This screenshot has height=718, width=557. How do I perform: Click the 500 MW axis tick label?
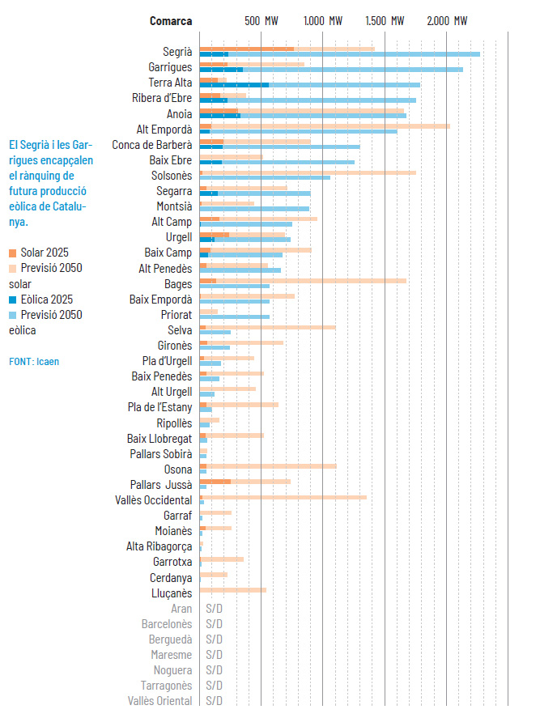coord(261,20)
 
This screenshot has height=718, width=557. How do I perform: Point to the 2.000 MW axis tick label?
coord(448,20)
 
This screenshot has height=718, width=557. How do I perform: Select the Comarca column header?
coord(171,20)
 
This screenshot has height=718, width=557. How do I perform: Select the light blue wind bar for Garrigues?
coord(356,70)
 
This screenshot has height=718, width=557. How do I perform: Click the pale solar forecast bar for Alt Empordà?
coord(340,126)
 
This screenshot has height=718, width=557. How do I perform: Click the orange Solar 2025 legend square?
coord(13,253)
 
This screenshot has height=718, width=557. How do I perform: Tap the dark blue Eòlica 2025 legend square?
coord(13,299)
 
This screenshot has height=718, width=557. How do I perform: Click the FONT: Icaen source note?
coord(34,361)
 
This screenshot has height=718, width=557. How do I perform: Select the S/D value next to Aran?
coord(214,609)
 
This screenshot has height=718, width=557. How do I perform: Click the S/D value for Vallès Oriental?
coord(214,701)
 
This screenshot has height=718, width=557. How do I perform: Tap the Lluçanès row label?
coord(172,593)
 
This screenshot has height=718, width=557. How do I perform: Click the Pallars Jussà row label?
coord(161,485)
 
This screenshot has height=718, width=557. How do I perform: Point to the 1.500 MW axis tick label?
coord(385,20)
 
